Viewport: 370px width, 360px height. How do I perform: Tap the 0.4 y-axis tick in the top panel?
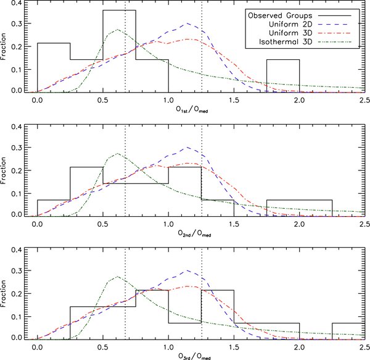20,4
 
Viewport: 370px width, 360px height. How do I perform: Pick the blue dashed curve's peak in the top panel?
188,24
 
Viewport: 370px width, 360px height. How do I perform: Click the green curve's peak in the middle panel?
117,154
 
